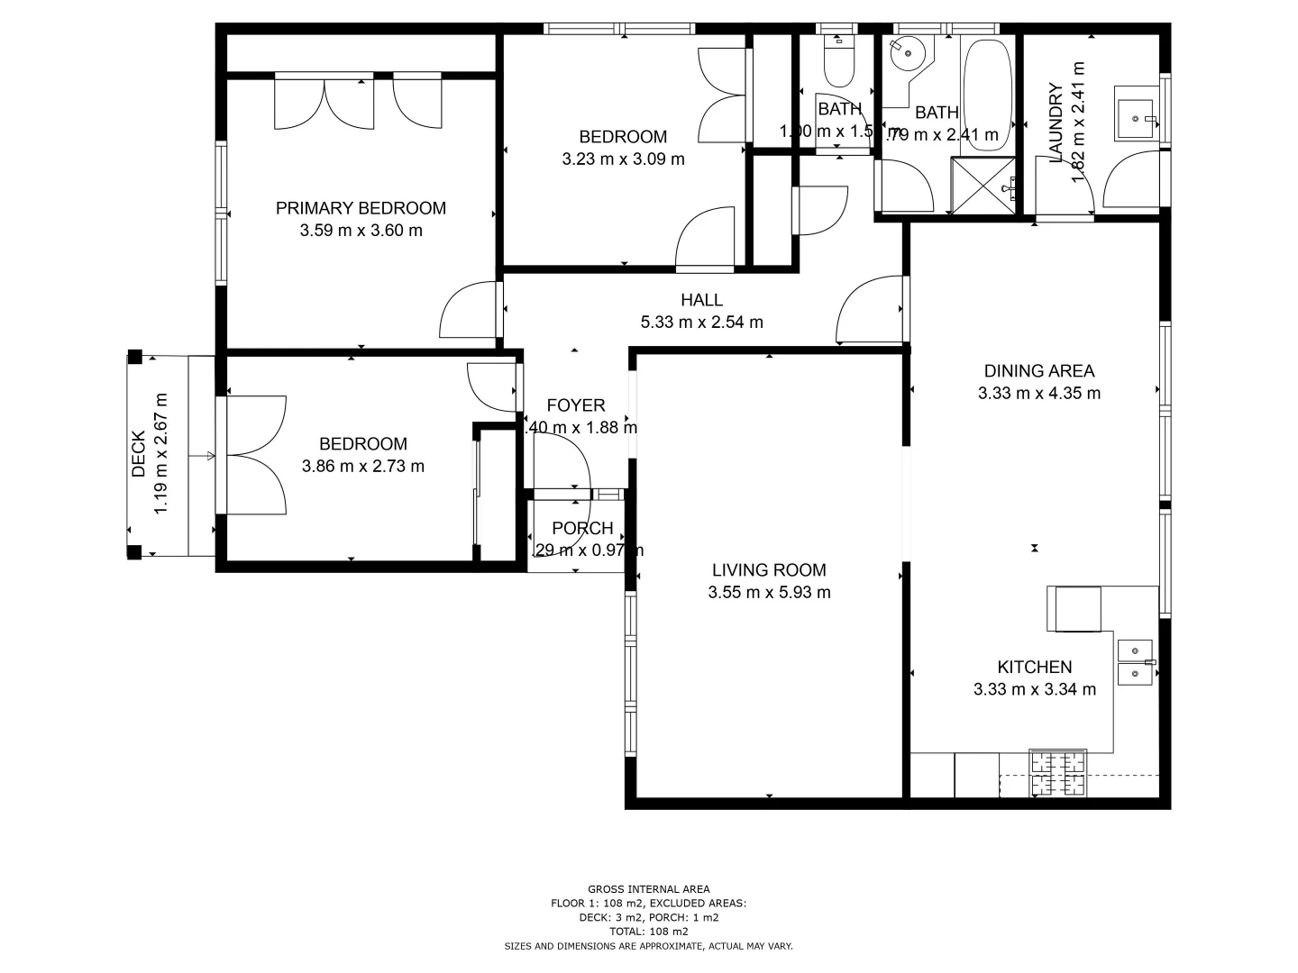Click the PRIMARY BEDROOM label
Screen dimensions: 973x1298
pyautogui.click(x=361, y=208)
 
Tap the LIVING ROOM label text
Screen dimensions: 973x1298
pyautogui.click(x=769, y=569)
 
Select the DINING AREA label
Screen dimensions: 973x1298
pyautogui.click(x=1038, y=370)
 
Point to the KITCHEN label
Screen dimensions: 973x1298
pyautogui.click(x=1034, y=667)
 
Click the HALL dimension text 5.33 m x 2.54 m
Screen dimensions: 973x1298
pyautogui.click(x=701, y=323)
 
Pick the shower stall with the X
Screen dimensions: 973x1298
pyautogui.click(x=984, y=186)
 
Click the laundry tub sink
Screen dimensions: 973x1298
pyautogui.click(x=1137, y=114)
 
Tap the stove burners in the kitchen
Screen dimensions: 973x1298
pyautogui.click(x=1058, y=773)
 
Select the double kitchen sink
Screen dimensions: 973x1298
pyautogui.click(x=1134, y=661)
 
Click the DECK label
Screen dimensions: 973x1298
pyautogui.click(x=139, y=454)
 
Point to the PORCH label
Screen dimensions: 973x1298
pyautogui.click(x=582, y=529)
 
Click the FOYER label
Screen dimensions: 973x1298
pyautogui.click(x=576, y=405)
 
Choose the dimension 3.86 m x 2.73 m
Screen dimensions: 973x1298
pyautogui.click(x=363, y=467)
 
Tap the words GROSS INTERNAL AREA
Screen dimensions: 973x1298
pyautogui.click(x=648, y=889)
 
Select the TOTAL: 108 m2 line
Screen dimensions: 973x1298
pyautogui.click(x=648, y=932)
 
